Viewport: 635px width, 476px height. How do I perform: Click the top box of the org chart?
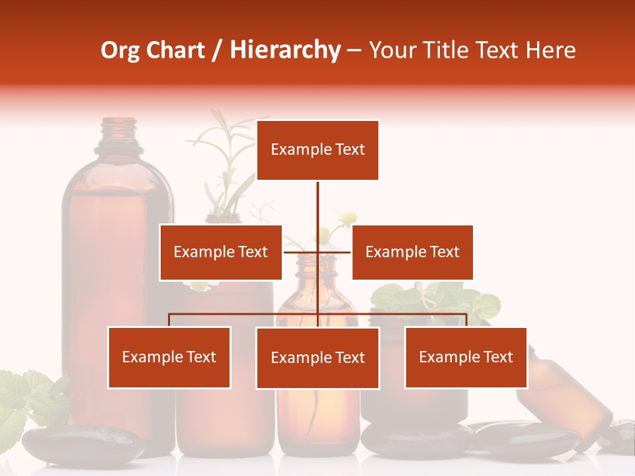(x=317, y=150)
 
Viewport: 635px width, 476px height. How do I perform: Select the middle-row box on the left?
(x=220, y=252)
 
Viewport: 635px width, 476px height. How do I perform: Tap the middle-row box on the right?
(x=412, y=252)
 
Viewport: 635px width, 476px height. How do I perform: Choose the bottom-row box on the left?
(x=169, y=358)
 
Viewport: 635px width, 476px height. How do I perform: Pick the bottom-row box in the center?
(x=317, y=358)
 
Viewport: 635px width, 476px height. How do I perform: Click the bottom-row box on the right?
(x=466, y=358)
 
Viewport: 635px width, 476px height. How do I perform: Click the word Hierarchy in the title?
(x=285, y=50)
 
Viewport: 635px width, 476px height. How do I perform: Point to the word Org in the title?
(x=120, y=50)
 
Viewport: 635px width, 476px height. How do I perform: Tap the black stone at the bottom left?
(x=83, y=443)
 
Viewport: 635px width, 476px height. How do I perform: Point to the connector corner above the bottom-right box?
(x=466, y=314)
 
